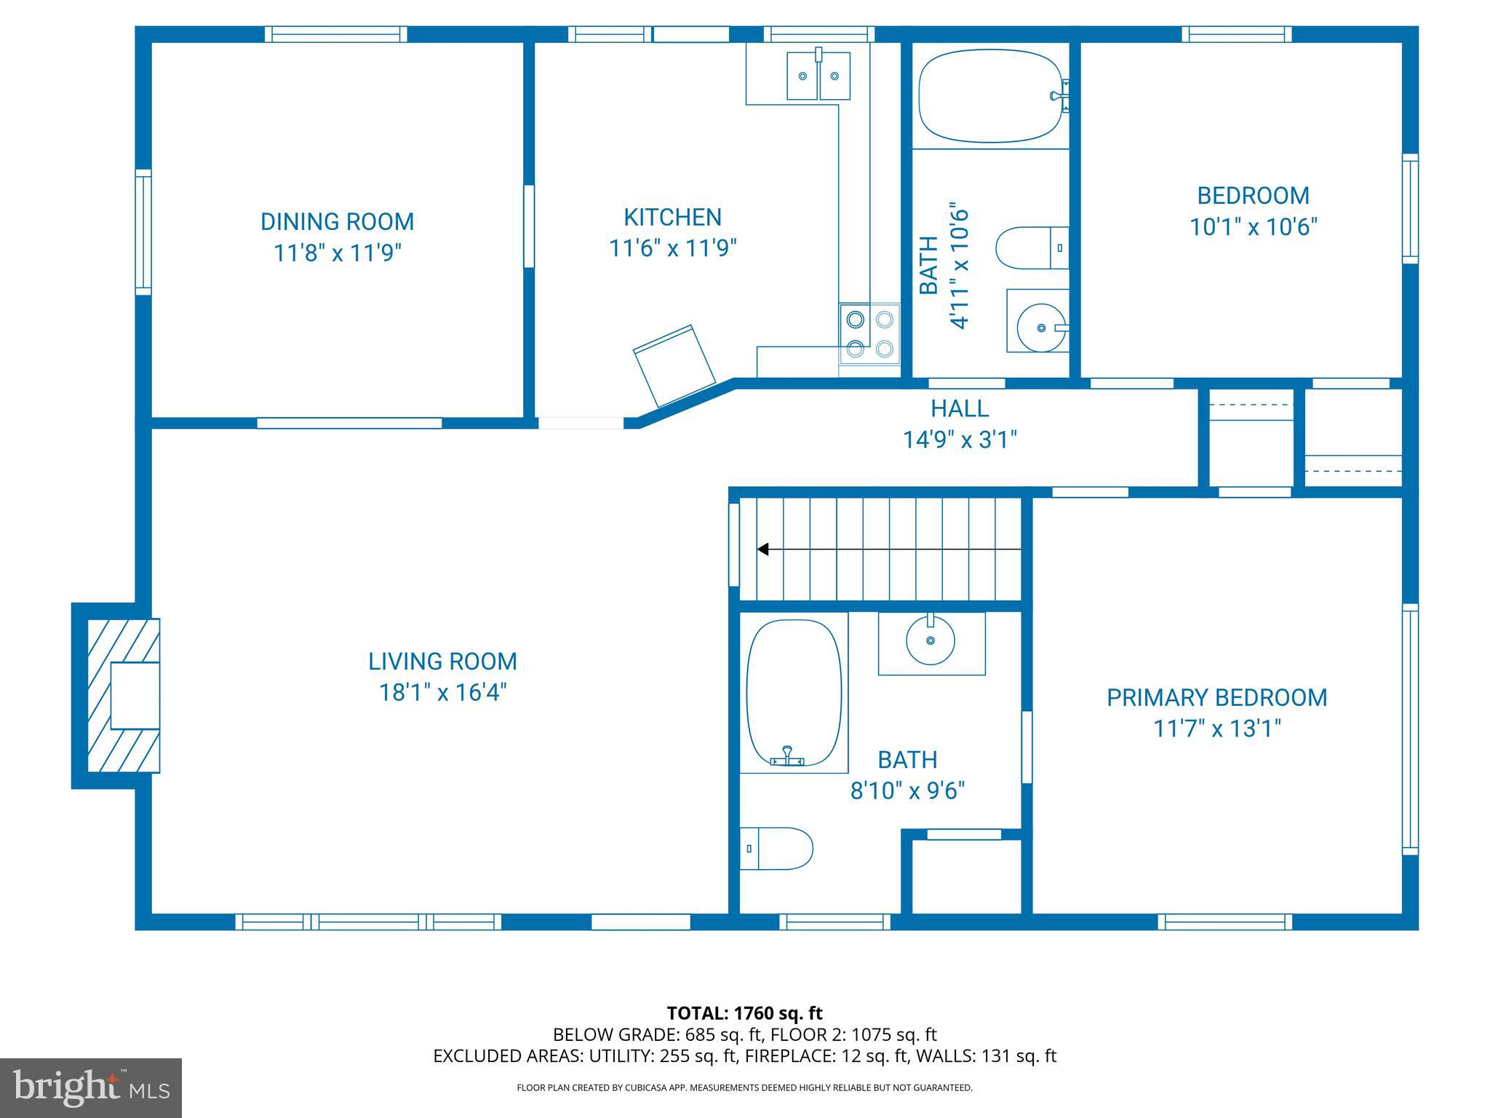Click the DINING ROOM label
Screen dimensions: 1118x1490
tap(337, 221)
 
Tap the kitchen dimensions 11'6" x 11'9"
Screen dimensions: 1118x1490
tap(672, 249)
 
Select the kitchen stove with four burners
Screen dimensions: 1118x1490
tap(869, 333)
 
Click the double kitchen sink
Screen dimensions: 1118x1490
tap(818, 76)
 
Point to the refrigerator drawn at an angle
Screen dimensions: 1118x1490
tap(674, 365)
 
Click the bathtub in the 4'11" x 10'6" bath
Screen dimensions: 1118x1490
tap(989, 95)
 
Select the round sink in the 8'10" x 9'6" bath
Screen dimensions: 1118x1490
tap(931, 640)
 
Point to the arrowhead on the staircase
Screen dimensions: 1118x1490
tap(762, 549)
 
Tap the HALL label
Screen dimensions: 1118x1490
tap(960, 408)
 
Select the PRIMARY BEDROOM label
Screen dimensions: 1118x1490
tap(1216, 697)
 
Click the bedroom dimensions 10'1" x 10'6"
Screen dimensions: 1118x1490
tap(1253, 227)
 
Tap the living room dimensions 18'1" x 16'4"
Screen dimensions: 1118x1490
tap(442, 692)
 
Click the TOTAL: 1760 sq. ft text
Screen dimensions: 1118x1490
tap(744, 1012)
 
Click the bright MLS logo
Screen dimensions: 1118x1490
tap(90, 1087)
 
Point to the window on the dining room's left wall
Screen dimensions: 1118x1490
tap(143, 232)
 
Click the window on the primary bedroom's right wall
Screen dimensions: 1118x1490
tap(1409, 729)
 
